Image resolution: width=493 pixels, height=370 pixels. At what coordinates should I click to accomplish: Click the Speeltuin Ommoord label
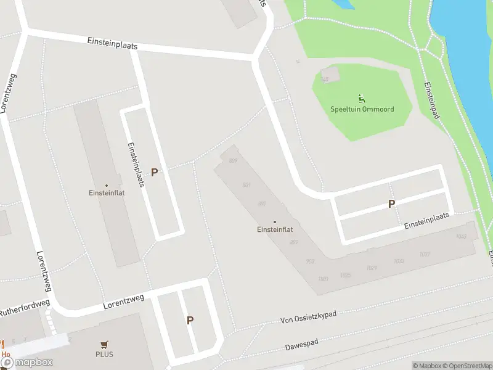tap(362, 109)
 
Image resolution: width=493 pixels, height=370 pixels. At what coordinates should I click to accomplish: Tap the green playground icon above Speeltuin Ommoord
tap(361, 97)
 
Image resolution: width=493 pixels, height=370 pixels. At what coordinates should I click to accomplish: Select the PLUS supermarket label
tap(104, 355)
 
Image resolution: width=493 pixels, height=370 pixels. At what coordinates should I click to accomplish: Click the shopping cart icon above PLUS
tap(104, 345)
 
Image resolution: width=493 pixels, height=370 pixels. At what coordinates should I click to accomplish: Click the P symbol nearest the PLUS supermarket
tap(190, 320)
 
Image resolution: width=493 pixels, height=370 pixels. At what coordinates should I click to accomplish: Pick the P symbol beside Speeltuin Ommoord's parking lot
tap(391, 203)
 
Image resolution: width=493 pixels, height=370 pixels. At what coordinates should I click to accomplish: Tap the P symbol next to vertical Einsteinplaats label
tap(154, 173)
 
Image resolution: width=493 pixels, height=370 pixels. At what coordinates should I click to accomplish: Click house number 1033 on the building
tap(460, 237)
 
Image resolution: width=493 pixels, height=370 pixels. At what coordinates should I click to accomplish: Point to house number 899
tap(294, 242)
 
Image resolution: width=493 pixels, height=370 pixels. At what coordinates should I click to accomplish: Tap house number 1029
tap(372, 268)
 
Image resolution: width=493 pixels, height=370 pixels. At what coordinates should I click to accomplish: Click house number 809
tap(233, 161)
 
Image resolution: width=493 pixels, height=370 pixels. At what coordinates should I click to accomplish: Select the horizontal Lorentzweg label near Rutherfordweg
tap(123, 302)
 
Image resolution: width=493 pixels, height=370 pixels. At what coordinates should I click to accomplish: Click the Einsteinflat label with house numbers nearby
tap(274, 230)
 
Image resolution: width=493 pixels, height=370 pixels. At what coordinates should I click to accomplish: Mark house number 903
tap(310, 261)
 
